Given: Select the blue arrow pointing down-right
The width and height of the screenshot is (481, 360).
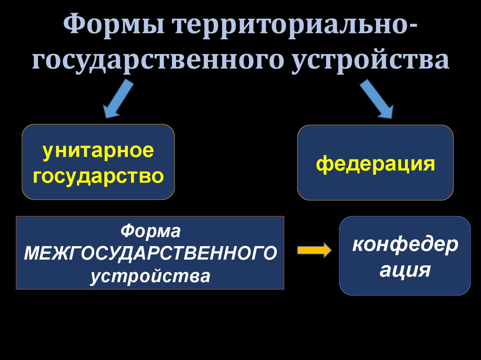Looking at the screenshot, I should [x=377, y=99].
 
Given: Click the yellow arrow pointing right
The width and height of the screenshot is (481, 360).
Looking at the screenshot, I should [x=314, y=250].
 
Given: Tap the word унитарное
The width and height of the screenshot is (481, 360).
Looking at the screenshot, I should [x=98, y=152].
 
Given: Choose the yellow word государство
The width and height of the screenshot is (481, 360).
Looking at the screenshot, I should [x=98, y=176].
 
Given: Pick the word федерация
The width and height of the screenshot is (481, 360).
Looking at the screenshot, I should [x=375, y=164].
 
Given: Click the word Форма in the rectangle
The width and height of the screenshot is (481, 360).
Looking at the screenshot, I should [x=151, y=232].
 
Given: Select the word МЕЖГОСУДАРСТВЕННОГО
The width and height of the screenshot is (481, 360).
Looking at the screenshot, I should [x=150, y=253].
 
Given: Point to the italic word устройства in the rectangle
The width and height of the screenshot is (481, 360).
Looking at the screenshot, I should [x=150, y=276].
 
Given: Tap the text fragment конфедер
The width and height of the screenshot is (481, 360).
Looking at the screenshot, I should [x=405, y=245].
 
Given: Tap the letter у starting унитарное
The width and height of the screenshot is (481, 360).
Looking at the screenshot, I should [x=47, y=153].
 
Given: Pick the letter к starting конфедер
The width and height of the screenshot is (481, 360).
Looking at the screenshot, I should [x=357, y=245].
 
